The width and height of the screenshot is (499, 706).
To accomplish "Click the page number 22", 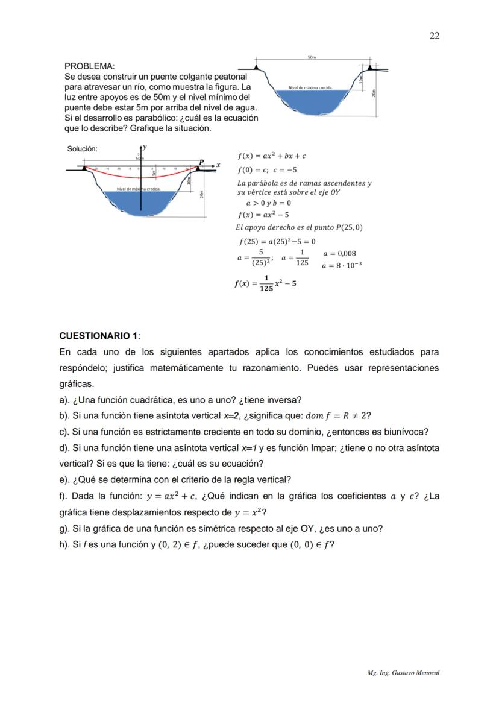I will (434, 36).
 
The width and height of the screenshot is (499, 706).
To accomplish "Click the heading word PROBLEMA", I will (89, 66).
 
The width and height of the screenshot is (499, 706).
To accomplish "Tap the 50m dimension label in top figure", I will (312, 57).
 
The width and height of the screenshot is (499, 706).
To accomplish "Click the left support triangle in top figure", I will (257, 68).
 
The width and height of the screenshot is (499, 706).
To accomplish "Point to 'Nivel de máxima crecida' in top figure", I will (311, 87).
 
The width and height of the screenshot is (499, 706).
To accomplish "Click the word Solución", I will (82, 149).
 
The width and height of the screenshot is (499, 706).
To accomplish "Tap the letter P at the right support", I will (201, 162).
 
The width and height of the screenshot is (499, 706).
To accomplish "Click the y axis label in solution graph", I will (145, 147).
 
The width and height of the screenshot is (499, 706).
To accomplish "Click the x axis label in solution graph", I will (218, 165).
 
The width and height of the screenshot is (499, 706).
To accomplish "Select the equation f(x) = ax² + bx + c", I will (272, 156).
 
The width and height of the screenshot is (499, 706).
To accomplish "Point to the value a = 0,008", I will (339, 254).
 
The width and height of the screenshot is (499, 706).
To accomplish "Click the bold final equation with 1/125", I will (265, 283).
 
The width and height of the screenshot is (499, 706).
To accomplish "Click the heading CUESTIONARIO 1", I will (99, 335).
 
